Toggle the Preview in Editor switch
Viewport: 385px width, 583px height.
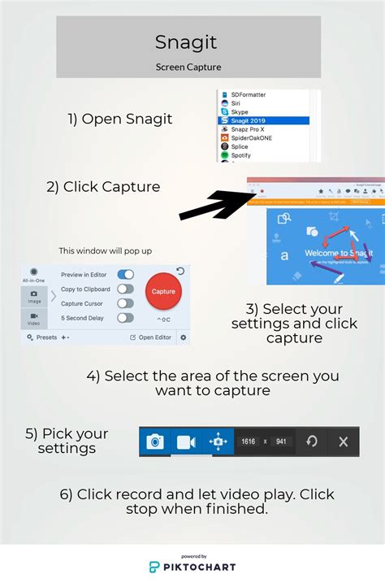125,275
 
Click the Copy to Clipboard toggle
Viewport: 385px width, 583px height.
125,289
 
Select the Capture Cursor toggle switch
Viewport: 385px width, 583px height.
125,303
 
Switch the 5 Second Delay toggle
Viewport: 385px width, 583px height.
125,318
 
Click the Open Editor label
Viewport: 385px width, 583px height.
154,337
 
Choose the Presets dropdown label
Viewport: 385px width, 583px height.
46,337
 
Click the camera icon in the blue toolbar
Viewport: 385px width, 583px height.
154,442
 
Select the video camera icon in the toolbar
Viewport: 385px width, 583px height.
186,442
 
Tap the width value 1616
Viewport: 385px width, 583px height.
249,442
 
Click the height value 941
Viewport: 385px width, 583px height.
281,442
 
